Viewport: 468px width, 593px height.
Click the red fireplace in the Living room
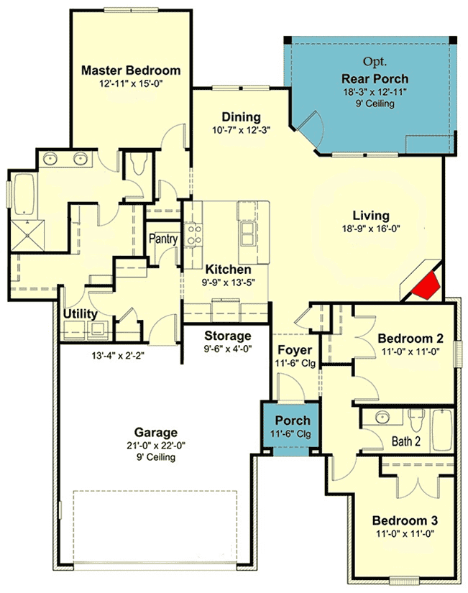pyautogui.click(x=426, y=285)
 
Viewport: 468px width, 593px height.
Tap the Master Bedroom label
pyautogui.click(x=131, y=70)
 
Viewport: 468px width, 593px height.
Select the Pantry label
pyautogui.click(x=163, y=239)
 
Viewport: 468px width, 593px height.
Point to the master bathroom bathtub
pyautogui.click(x=24, y=195)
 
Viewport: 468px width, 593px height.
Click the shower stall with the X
pyautogui.click(x=27, y=236)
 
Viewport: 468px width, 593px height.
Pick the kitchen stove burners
pyautogui.click(x=193, y=234)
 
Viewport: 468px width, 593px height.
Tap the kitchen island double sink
pyautogui.click(x=247, y=234)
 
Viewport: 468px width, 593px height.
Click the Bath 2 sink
pyautogui.click(x=383, y=418)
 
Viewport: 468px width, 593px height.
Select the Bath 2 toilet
pyautogui.click(x=417, y=420)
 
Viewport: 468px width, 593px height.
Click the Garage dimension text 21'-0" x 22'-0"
pyautogui.click(x=156, y=446)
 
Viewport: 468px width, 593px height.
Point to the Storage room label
pyautogui.click(x=228, y=336)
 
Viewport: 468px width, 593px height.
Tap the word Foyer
pyautogui.click(x=295, y=350)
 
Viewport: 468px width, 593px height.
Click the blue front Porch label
pyautogui.click(x=293, y=420)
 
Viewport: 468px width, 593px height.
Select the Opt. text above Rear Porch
pyautogui.click(x=375, y=61)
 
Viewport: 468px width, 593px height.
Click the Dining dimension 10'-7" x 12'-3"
pyautogui.click(x=241, y=131)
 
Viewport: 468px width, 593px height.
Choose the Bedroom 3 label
pyautogui.click(x=405, y=520)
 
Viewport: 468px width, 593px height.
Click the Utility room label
pyautogui.click(x=81, y=314)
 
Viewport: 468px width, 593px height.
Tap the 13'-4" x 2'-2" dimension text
pyautogui.click(x=118, y=356)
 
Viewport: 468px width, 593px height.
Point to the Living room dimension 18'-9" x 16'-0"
pyautogui.click(x=371, y=229)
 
